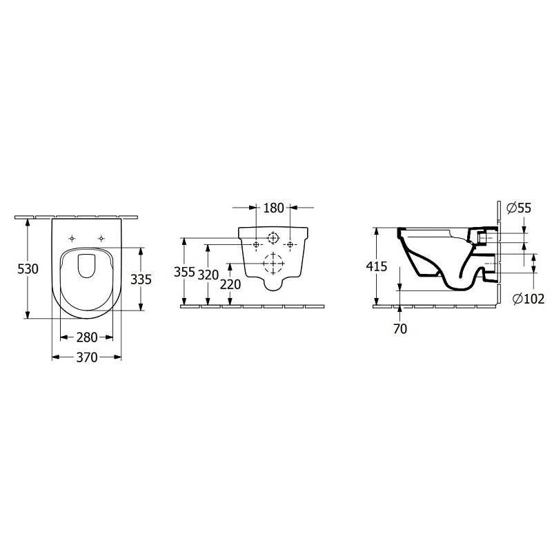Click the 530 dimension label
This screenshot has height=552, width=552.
click(x=28, y=269)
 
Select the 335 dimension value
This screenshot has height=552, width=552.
click(x=141, y=279)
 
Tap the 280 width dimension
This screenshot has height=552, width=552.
click(x=87, y=337)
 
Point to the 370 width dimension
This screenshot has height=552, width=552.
click(x=87, y=357)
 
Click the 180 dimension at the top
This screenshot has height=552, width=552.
click(x=273, y=208)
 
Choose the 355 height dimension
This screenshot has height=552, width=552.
click(x=184, y=272)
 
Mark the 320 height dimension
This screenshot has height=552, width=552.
click(x=208, y=275)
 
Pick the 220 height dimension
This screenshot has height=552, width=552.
click(x=230, y=284)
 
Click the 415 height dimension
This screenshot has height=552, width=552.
click(x=376, y=266)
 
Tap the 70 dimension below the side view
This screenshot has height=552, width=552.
click(x=400, y=329)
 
